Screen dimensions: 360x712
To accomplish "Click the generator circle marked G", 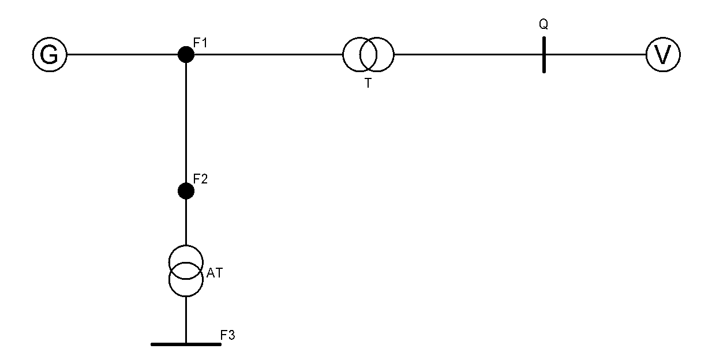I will [x=50, y=55].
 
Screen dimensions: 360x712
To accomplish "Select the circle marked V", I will [x=663, y=55].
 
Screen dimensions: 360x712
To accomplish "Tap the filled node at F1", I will [x=186, y=55].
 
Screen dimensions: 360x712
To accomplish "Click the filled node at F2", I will [x=186, y=191].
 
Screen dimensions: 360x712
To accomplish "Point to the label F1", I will [x=200, y=42].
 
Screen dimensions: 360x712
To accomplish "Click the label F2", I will [x=200, y=178].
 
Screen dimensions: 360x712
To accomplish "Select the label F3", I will [x=228, y=334].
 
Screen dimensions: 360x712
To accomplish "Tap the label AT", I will [x=214, y=273].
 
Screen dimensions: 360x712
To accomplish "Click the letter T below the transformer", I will [x=368, y=83].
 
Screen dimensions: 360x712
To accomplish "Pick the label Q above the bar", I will [x=543, y=25].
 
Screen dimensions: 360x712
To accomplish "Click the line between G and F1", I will [x=121, y=55].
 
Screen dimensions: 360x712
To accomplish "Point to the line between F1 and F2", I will [x=186, y=121].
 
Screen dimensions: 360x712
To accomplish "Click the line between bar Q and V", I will [x=594, y=55].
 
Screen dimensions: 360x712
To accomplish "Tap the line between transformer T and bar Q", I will [x=467, y=55].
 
